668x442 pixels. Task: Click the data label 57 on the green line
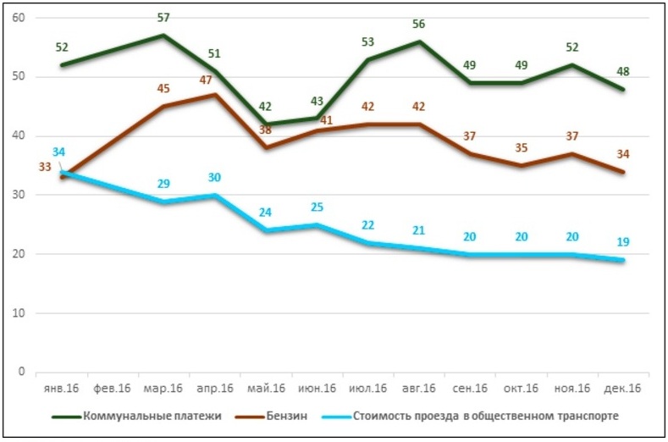tap(163, 18)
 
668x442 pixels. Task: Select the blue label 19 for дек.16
tap(622, 242)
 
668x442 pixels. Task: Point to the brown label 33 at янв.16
tap(45, 167)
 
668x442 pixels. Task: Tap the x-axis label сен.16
tap(470, 389)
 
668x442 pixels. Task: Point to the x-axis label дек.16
tap(621, 389)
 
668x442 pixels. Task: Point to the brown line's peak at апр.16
tap(215, 94)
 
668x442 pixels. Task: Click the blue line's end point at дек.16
tap(624, 260)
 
